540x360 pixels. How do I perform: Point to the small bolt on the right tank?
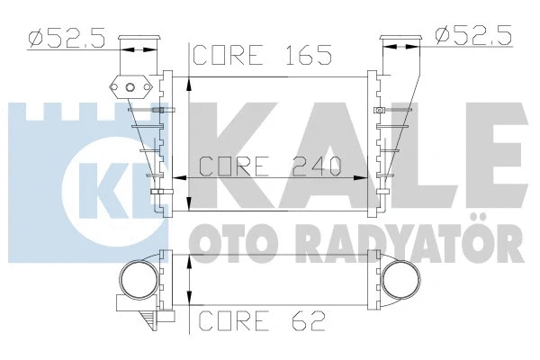pos(380,111)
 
